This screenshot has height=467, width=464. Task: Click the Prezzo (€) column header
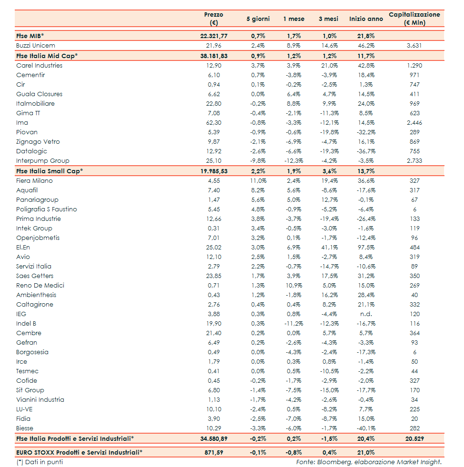213,19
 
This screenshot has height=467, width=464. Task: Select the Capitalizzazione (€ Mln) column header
414,19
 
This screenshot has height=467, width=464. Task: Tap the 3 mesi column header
328,19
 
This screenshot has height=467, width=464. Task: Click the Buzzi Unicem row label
36,46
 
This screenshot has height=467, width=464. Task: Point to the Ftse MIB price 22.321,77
214,36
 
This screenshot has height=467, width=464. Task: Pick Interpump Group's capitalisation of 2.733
414,161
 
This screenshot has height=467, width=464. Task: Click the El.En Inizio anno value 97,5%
365,248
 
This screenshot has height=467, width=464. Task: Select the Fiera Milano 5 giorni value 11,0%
258,181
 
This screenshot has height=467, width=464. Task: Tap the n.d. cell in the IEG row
366,314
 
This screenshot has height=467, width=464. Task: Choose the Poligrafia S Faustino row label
46,209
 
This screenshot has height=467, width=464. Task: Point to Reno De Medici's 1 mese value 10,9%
293,286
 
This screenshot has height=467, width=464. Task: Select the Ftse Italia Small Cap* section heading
49,171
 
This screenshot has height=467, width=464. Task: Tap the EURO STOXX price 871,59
217,452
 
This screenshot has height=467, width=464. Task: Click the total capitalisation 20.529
414,438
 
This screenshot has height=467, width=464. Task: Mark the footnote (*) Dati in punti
39,462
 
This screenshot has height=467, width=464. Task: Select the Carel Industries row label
39,66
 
